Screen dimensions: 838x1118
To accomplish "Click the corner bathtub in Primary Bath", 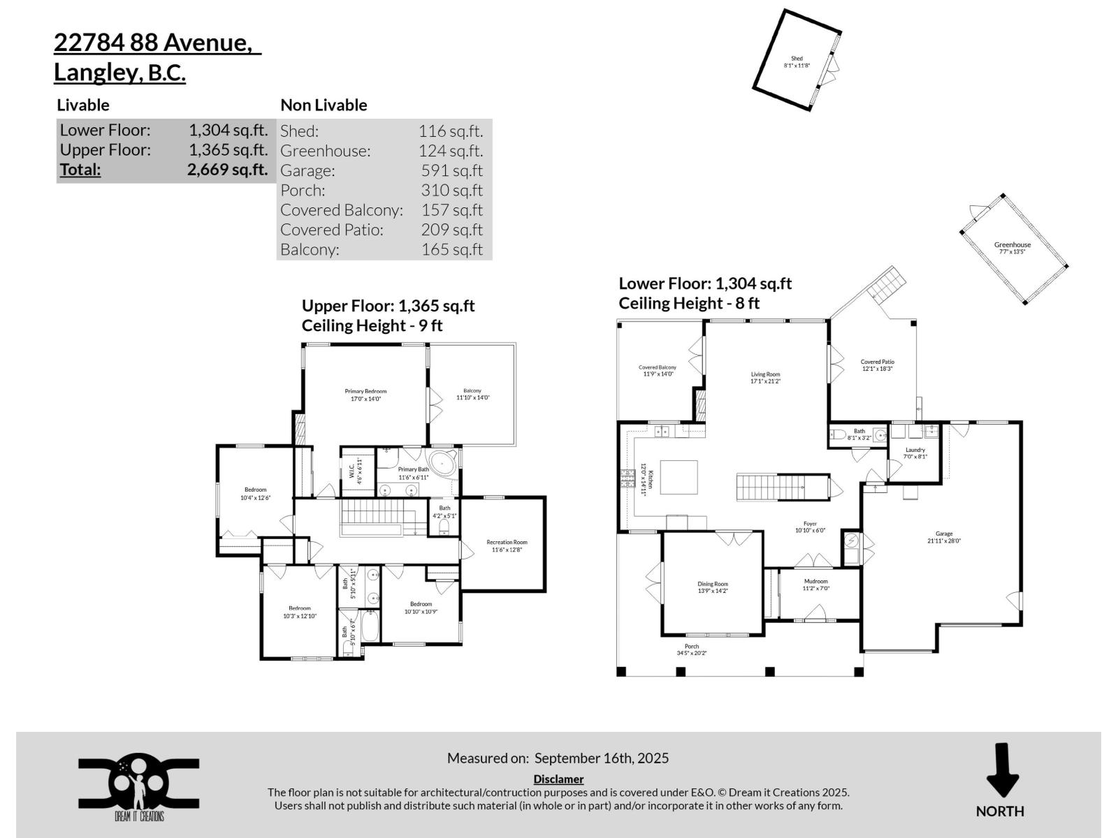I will pos(443,464).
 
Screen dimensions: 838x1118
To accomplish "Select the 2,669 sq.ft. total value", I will pos(227,170).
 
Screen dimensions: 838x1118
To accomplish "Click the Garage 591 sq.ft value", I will pos(451,170).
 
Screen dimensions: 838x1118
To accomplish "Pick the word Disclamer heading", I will pos(558,779).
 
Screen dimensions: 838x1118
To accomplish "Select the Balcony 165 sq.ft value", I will pos(451,249).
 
